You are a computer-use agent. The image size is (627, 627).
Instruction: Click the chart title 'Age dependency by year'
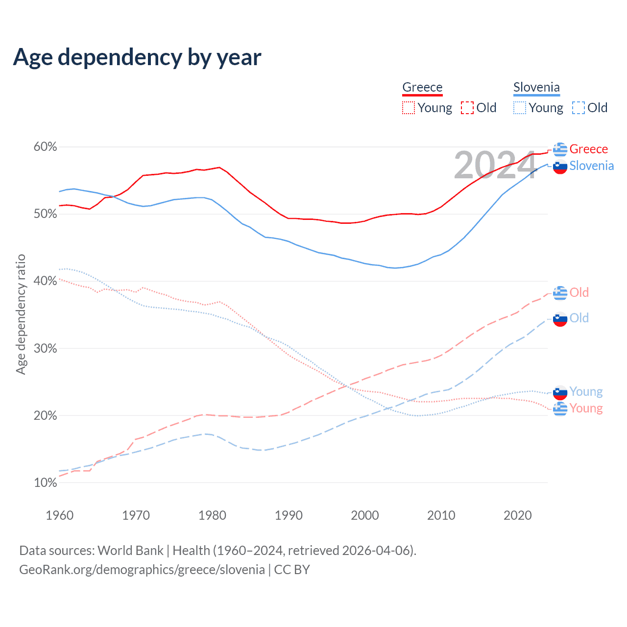[137, 57]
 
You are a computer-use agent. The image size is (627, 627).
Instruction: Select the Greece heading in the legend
[422, 87]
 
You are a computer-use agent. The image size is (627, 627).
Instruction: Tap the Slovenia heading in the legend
[536, 87]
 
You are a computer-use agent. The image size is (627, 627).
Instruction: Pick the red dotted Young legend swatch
[408, 108]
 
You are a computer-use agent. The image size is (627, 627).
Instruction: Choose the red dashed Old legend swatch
[467, 108]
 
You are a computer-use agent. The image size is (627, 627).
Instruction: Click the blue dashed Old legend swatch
[578, 108]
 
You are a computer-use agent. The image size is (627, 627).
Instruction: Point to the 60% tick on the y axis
[45, 147]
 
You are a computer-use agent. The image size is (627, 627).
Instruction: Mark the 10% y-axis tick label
[45, 483]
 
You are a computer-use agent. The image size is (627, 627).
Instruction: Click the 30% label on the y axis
[45, 349]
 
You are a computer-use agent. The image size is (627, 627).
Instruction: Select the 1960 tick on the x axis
[59, 515]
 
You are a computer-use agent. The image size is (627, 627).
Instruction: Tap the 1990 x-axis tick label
[289, 515]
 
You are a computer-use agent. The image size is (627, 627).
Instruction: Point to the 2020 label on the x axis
[518, 515]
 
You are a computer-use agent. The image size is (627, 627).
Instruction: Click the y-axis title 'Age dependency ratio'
[21, 314]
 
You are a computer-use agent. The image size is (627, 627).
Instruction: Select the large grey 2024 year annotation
[495, 166]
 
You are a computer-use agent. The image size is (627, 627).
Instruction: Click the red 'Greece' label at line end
[588, 149]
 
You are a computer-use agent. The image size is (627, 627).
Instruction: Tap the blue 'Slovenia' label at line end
[591, 166]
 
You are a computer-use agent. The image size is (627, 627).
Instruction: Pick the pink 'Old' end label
[579, 292]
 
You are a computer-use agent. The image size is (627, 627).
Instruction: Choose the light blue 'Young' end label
[586, 391]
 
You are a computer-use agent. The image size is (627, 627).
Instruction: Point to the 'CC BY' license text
[292, 570]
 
